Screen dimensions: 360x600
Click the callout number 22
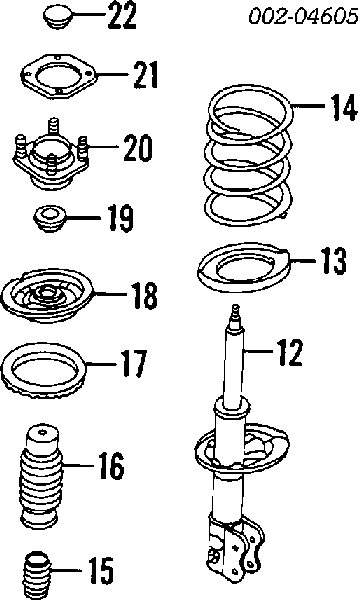coord(122,15)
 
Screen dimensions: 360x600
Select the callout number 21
coord(145,75)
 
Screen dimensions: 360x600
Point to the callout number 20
coord(138,148)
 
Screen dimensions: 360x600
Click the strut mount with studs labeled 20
coord(50,155)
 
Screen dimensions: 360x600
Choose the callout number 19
coord(121,218)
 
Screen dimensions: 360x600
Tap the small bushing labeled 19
coord(49,218)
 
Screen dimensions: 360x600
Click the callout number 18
coord(144,296)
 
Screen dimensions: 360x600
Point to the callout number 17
coord(133,364)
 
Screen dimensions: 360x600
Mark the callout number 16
coord(111,466)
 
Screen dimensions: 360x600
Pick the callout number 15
coord(101,571)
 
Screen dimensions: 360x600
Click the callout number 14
coord(344,107)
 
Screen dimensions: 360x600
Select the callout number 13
coord(334,261)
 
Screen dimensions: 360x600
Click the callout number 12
coord(290,352)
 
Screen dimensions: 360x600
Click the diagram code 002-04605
coord(303,16)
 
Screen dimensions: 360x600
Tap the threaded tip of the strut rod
coord(236,311)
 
